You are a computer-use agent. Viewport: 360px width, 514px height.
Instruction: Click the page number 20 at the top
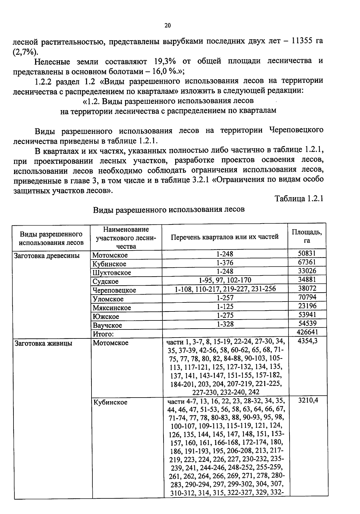pyautogui.click(x=168, y=26)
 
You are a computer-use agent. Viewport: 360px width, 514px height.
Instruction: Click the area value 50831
pyautogui.click(x=307, y=253)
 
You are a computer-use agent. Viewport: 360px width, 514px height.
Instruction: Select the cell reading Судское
pyautogui.click(x=106, y=281)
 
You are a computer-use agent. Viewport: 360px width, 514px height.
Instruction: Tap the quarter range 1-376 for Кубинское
pyautogui.click(x=225, y=263)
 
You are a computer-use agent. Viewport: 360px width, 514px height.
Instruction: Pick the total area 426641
pyautogui.click(x=307, y=332)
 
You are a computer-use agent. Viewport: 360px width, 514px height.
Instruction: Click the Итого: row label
pyautogui.click(x=103, y=334)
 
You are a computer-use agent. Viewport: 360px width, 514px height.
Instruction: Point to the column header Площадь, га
pyautogui.click(x=307, y=236)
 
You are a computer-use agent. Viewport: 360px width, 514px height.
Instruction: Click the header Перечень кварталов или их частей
pyautogui.click(x=224, y=237)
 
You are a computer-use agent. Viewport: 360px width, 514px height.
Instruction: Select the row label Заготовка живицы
pyautogui.click(x=43, y=343)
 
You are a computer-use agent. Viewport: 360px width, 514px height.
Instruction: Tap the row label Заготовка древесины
pyautogui.click(x=47, y=256)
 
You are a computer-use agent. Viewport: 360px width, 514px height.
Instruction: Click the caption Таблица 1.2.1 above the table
pyautogui.click(x=299, y=199)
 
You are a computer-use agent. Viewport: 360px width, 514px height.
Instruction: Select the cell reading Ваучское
pyautogui.click(x=107, y=325)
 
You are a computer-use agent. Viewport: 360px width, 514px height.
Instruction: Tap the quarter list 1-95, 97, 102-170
pyautogui.click(x=225, y=280)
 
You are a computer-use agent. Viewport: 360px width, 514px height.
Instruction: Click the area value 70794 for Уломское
pyautogui.click(x=307, y=297)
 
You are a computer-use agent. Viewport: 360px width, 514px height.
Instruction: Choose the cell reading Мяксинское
pyautogui.click(x=112, y=308)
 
